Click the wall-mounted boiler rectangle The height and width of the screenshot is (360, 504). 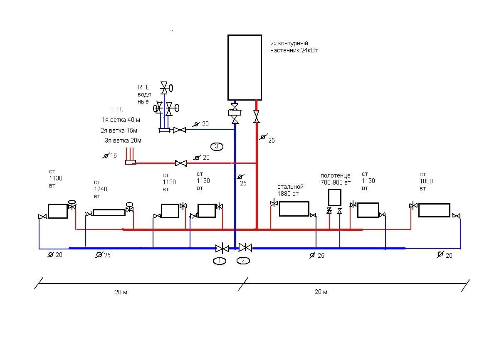(x=245, y=67)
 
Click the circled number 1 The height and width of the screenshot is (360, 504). (x=220, y=261)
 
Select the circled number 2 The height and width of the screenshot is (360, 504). (x=243, y=261)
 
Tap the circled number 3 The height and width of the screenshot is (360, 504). (x=217, y=146)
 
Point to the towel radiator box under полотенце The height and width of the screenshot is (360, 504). (x=335, y=197)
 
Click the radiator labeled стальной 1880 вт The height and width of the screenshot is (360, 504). (x=294, y=209)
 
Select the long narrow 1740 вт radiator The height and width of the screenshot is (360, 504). (x=109, y=212)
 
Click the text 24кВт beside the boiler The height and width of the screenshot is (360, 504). (x=308, y=50)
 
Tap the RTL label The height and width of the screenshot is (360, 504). (x=143, y=87)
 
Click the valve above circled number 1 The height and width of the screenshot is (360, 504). (x=222, y=249)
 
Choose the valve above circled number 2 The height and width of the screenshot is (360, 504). (x=245, y=248)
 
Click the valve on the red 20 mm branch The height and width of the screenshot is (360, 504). (x=180, y=163)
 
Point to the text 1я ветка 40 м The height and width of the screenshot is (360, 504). (x=121, y=120)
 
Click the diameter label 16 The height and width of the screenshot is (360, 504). (x=113, y=155)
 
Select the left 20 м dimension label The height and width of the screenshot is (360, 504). (x=121, y=292)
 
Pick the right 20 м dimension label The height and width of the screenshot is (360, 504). (x=321, y=292)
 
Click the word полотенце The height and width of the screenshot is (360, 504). (x=335, y=175)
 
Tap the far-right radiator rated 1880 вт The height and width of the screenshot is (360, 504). (x=434, y=210)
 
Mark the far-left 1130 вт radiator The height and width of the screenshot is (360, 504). (x=57, y=211)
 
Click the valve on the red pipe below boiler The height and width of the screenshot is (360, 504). (x=257, y=116)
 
